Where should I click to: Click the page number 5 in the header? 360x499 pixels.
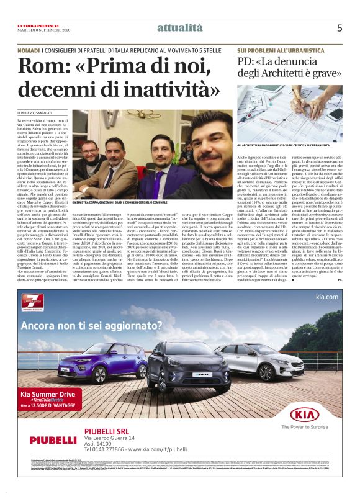tap(340, 28)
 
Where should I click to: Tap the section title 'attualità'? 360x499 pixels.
tap(179, 27)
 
